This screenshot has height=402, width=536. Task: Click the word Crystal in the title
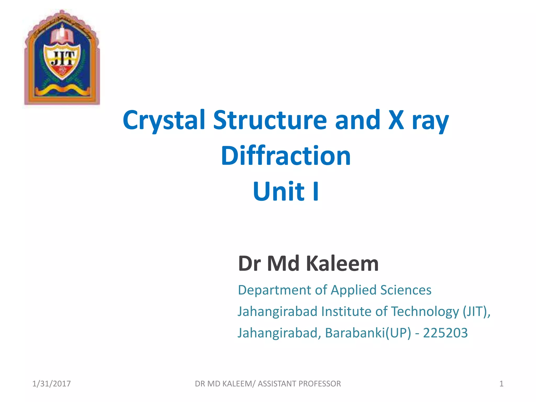click(164, 120)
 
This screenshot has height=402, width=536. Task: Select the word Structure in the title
click(270, 120)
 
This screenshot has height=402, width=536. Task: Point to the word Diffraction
click(286, 156)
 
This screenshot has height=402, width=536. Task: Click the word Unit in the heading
click(278, 192)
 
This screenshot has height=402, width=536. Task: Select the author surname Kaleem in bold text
click(342, 264)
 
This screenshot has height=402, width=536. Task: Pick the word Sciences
click(406, 290)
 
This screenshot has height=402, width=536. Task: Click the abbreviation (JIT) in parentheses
click(474, 312)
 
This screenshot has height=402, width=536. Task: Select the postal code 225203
click(445, 333)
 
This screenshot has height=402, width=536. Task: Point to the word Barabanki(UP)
click(368, 333)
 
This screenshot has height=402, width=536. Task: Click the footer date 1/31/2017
click(51, 384)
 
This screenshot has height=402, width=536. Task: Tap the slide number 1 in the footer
click(501, 384)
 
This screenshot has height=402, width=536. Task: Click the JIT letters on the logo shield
click(62, 58)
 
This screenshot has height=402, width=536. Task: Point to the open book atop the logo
click(62, 36)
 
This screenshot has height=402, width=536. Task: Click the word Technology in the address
click(425, 312)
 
